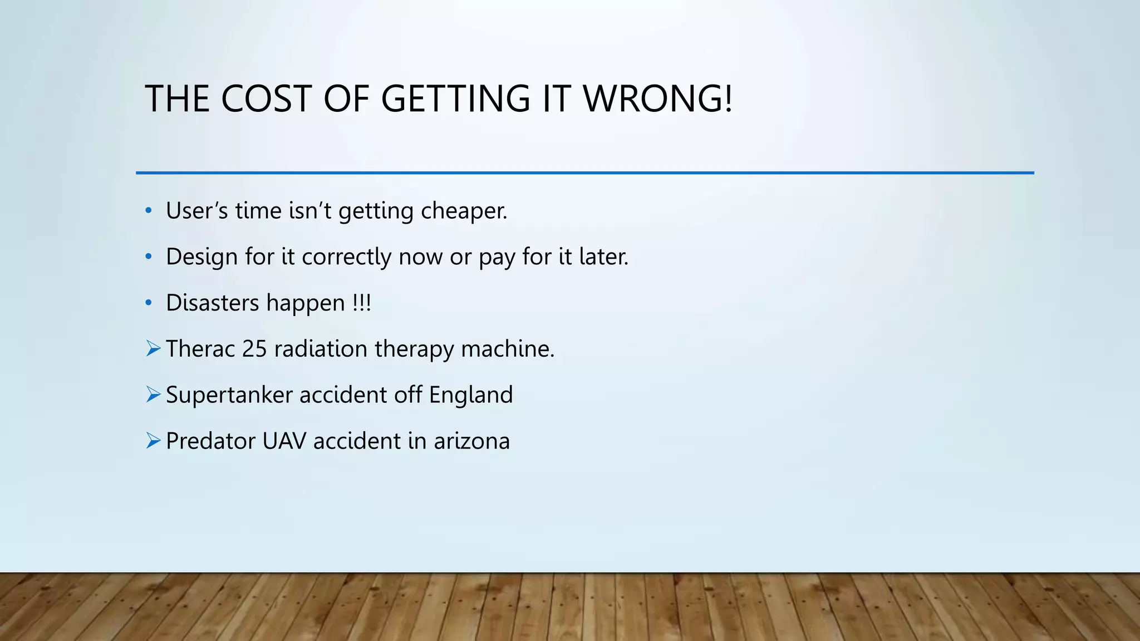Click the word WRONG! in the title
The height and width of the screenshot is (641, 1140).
pyautogui.click(x=657, y=99)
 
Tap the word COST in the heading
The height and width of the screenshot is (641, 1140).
pyautogui.click(x=266, y=99)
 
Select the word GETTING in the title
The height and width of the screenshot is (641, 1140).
pyautogui.click(x=455, y=99)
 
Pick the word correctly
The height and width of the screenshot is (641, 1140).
pyautogui.click(x=347, y=257)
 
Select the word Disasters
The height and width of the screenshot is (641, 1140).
pyautogui.click(x=213, y=303)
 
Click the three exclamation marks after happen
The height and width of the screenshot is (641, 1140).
pyautogui.click(x=362, y=303)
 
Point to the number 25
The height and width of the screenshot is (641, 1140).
pyautogui.click(x=254, y=349)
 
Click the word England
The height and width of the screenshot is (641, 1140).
pyautogui.click(x=471, y=395)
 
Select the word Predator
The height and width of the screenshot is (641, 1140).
pyautogui.click(x=210, y=441)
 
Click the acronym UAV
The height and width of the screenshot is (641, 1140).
pyautogui.click(x=284, y=441)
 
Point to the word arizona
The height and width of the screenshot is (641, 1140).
pyautogui.click(x=471, y=441)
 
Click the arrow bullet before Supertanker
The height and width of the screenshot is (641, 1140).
pyautogui.click(x=153, y=395)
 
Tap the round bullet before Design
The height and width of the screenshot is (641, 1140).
pyautogui.click(x=148, y=257)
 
